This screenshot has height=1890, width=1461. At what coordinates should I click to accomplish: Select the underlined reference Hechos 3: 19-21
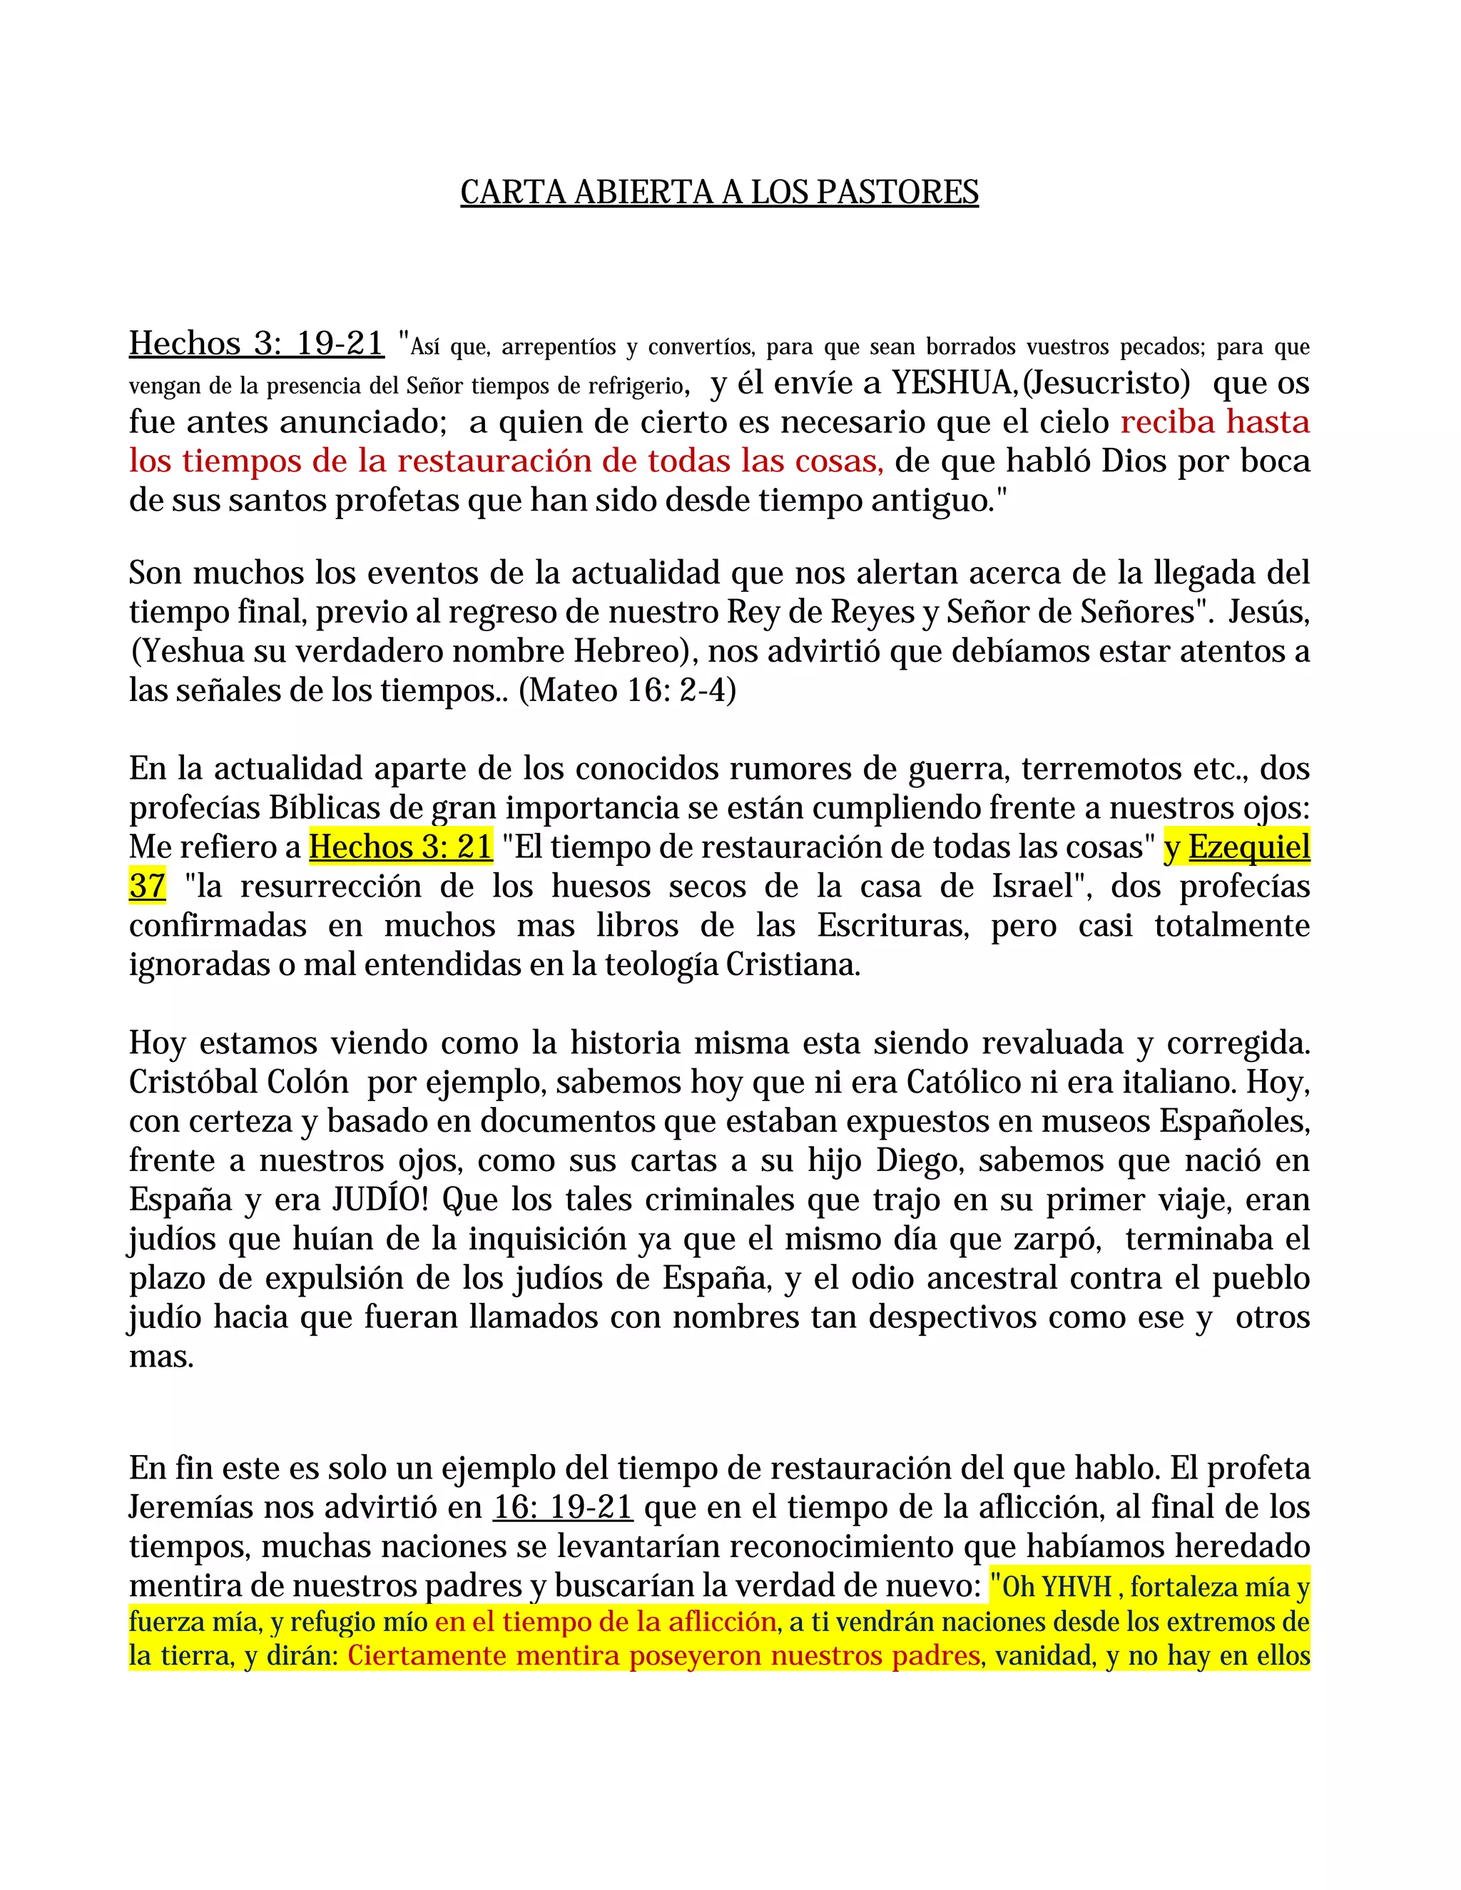coord(256,344)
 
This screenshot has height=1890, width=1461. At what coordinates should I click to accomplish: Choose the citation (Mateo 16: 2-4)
coord(628,690)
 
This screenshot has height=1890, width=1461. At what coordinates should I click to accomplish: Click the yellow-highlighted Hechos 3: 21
coord(401,847)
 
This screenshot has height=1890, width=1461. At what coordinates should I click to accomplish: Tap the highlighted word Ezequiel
coord(1249,847)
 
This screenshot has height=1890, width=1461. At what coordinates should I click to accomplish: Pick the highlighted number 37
coord(147,886)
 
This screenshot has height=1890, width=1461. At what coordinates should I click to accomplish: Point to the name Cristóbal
coord(190,1082)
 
